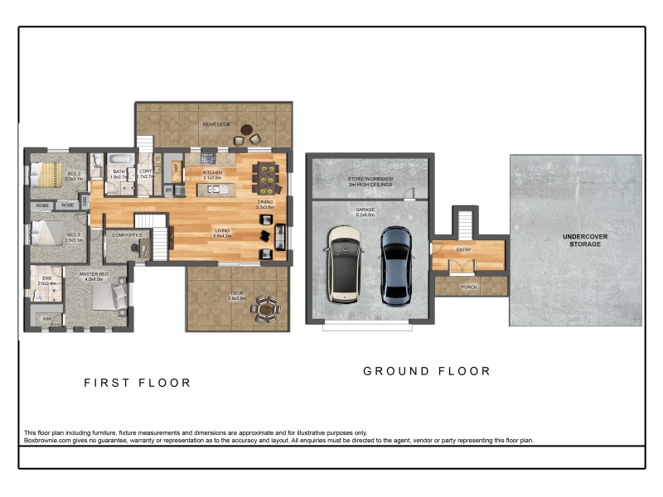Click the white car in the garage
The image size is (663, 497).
[344, 264]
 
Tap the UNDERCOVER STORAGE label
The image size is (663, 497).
[585, 240]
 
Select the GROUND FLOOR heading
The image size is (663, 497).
[427, 371]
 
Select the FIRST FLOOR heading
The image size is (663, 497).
[138, 383]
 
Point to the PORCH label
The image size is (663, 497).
[469, 287]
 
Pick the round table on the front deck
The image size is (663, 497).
[266, 309]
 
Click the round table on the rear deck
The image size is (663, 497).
[247, 129]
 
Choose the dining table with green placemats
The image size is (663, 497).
[266, 176]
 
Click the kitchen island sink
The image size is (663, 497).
[214, 190]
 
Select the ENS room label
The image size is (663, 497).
[46, 278]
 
